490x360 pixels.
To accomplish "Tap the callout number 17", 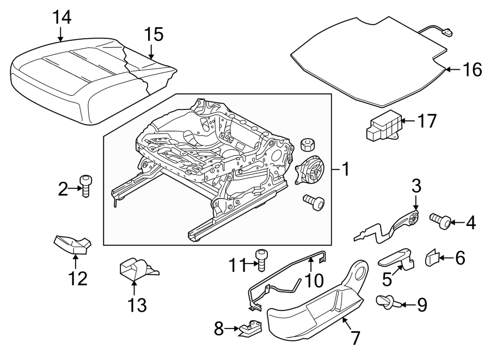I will click(428, 120).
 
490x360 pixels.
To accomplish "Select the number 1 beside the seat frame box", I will click(344, 169).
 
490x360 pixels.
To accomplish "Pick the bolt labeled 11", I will click(261, 260).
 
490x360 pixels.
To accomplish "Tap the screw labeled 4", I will click(439, 221).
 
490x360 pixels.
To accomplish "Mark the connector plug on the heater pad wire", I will click(448, 34).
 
